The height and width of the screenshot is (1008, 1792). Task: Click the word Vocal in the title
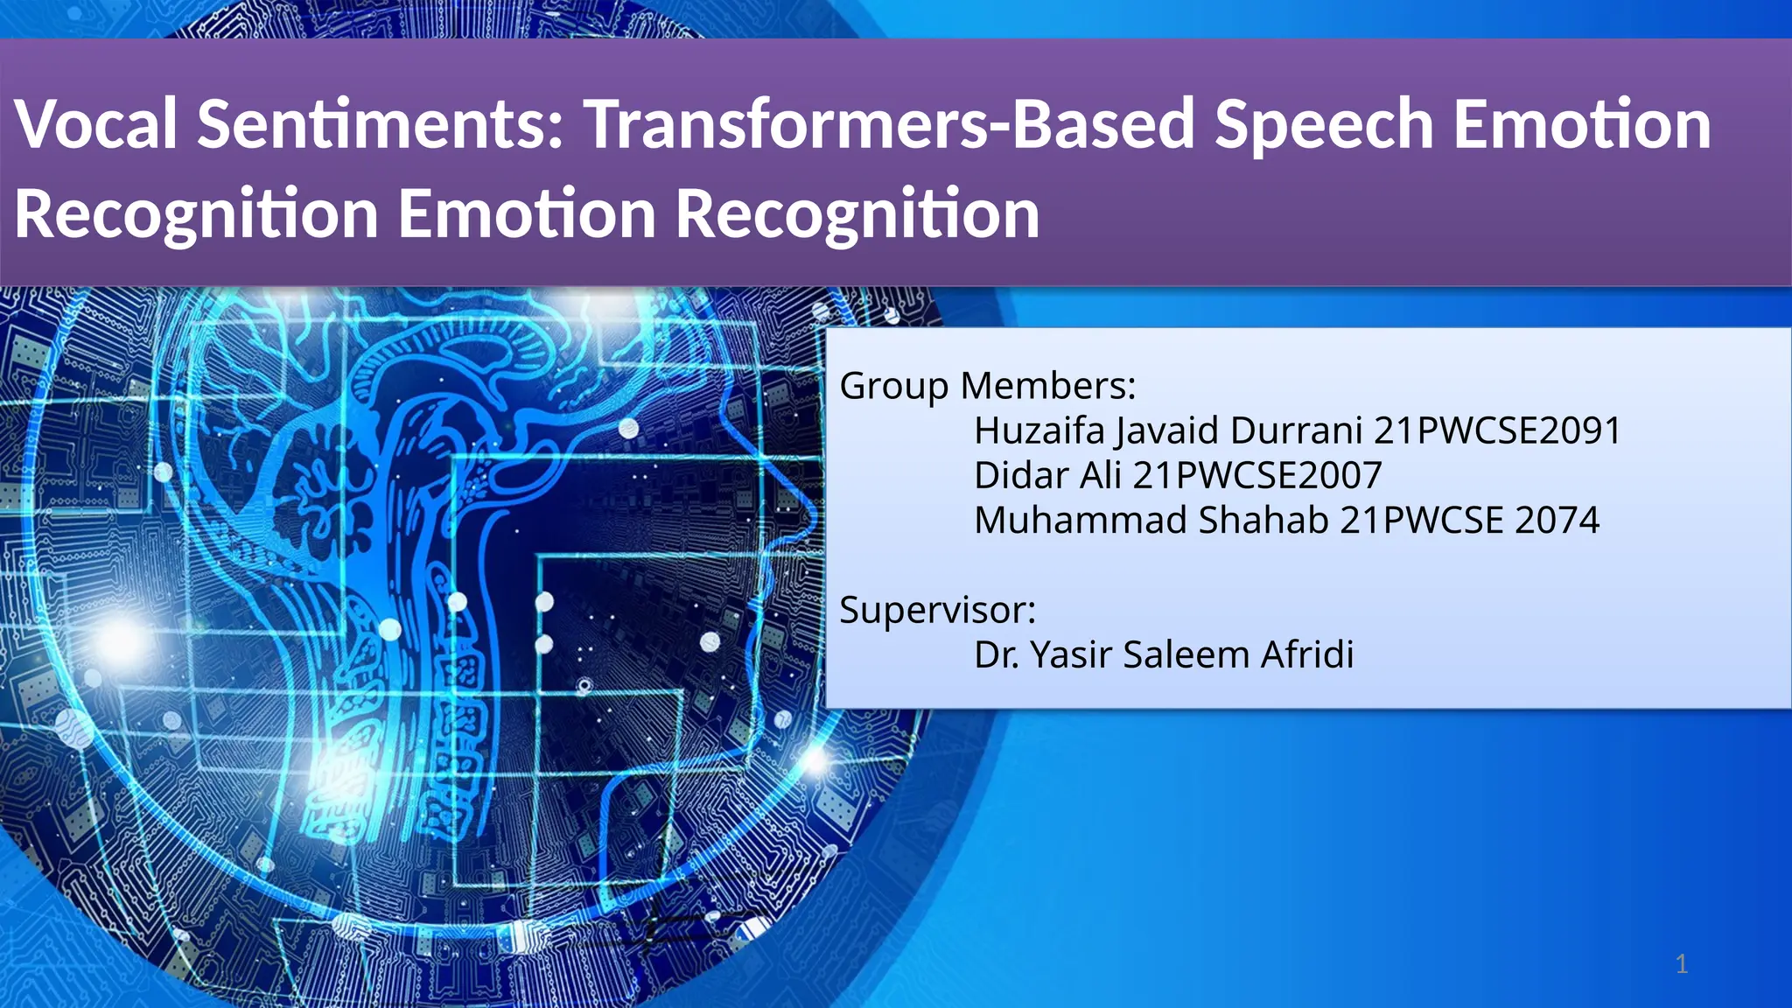[x=96, y=124]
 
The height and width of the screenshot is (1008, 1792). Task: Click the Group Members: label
[x=987, y=386]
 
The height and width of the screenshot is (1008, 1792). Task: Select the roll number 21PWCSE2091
[x=1497, y=430]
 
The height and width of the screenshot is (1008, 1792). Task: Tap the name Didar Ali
[x=1047, y=475]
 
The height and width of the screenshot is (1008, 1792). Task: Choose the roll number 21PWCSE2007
[x=1257, y=475]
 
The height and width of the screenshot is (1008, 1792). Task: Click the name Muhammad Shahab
[x=1151, y=520]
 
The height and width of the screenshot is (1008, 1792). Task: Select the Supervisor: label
[x=937, y=610]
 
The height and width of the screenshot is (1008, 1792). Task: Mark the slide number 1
[x=1681, y=964]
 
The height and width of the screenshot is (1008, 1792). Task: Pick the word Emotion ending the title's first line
[x=1582, y=124]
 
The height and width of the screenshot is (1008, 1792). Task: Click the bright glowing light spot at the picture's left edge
[x=119, y=641]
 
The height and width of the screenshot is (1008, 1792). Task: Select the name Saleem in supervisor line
[x=1186, y=654]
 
